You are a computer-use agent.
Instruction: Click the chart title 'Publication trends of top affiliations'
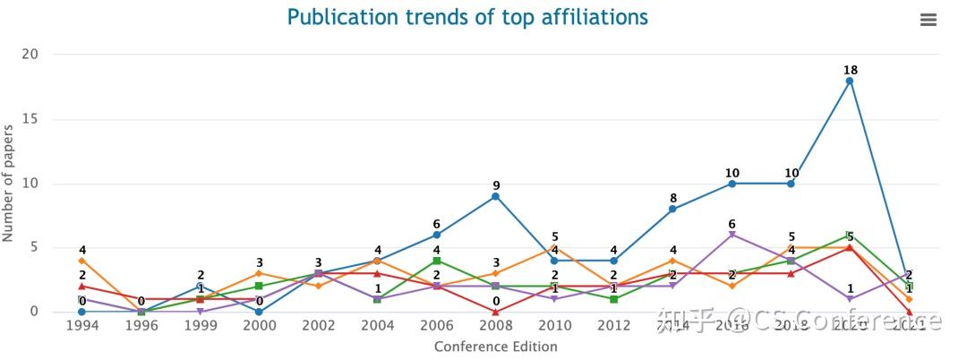[466, 17]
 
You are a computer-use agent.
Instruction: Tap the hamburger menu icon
[928, 20]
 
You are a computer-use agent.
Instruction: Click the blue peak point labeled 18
[850, 81]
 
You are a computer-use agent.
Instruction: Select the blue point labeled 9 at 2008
[495, 196]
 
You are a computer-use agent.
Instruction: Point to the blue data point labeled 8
[672, 209]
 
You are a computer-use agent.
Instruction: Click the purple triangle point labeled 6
[732, 235]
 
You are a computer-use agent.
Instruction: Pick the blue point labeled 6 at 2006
[436, 235]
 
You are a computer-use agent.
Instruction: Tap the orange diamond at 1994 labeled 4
[81, 261]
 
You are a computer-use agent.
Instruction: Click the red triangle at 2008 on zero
[495, 312]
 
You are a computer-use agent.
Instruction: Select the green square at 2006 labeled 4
[436, 261]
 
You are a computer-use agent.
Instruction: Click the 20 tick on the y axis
[30, 55]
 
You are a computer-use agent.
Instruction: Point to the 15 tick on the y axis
[30, 119]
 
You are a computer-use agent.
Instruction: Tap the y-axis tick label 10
[30, 184]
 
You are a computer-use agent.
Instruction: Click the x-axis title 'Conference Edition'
[495, 347]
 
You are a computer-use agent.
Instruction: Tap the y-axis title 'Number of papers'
[9, 184]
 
